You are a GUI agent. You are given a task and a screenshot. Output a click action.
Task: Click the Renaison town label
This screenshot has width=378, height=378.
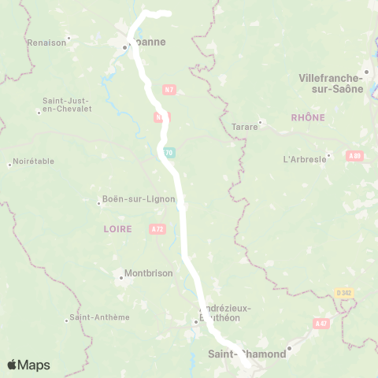click(46, 43)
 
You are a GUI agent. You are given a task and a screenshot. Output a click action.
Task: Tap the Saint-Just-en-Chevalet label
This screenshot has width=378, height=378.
click(66, 104)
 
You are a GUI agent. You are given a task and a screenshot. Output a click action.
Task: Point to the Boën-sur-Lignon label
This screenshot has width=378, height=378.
click(133, 199)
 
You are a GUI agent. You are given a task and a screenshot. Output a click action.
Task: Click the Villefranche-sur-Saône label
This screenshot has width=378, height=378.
click(331, 83)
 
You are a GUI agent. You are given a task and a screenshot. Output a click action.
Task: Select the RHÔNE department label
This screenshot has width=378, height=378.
click(307, 117)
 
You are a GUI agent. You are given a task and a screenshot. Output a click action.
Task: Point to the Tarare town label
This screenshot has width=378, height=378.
click(245, 126)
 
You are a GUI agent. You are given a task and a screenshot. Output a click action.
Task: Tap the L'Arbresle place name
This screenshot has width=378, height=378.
click(304, 159)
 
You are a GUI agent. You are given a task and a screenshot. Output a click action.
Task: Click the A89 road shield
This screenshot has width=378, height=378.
click(354, 156)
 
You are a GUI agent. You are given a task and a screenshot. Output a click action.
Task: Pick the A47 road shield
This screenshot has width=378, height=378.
click(321, 323)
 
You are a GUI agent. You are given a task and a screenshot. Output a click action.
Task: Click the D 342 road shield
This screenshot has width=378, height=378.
click(343, 293)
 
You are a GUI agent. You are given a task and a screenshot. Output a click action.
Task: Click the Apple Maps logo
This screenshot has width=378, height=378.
click(28, 365)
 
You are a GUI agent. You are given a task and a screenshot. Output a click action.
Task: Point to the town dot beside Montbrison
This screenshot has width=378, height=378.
click(121, 276)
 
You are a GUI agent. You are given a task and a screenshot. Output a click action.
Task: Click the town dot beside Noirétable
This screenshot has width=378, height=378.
click(9, 164)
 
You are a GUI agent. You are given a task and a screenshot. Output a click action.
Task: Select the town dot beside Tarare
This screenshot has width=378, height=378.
click(261, 122)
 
